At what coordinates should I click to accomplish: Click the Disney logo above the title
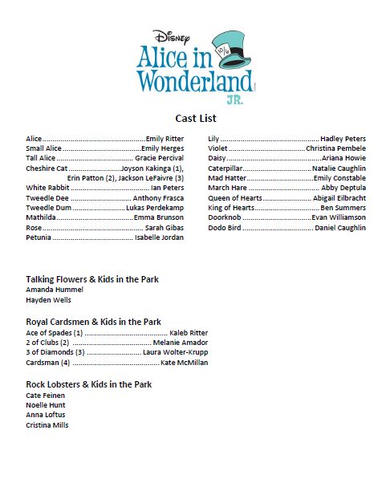click(171, 36)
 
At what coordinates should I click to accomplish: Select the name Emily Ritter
click(165, 139)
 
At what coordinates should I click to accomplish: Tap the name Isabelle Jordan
click(159, 237)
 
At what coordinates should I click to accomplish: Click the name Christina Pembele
click(335, 148)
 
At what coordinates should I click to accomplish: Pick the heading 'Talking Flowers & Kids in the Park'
click(92, 278)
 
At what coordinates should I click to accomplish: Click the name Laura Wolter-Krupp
click(175, 352)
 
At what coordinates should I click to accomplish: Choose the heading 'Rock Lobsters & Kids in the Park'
click(89, 384)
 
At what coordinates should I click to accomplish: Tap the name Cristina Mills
click(47, 425)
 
